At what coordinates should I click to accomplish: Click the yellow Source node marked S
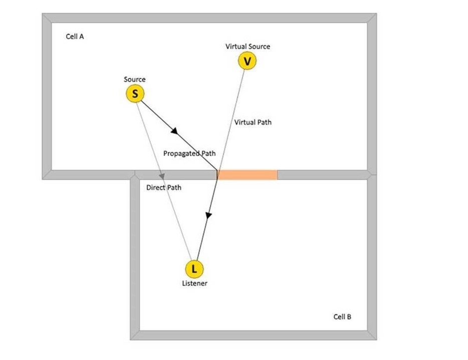[x=135, y=94]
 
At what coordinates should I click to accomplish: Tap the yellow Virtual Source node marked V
[x=247, y=61]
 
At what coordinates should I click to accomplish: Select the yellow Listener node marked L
[x=194, y=269]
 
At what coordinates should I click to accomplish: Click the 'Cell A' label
[x=75, y=37]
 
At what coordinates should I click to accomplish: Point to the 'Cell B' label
[x=342, y=317]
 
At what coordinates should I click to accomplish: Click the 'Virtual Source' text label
[x=248, y=47]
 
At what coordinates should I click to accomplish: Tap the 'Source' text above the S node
[x=135, y=79]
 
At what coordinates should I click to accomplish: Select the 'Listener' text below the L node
[x=194, y=283]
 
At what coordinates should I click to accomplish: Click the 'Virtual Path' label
[x=253, y=122]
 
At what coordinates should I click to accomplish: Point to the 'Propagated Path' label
[x=189, y=153]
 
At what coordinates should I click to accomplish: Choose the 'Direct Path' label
[x=164, y=188]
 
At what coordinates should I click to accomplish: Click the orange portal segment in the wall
[x=248, y=175]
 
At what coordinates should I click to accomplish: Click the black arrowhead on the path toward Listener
[x=208, y=215]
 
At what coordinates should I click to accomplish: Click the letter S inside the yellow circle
[x=135, y=94]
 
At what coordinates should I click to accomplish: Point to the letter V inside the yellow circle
[x=247, y=61]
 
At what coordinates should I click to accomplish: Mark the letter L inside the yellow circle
[x=194, y=269]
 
